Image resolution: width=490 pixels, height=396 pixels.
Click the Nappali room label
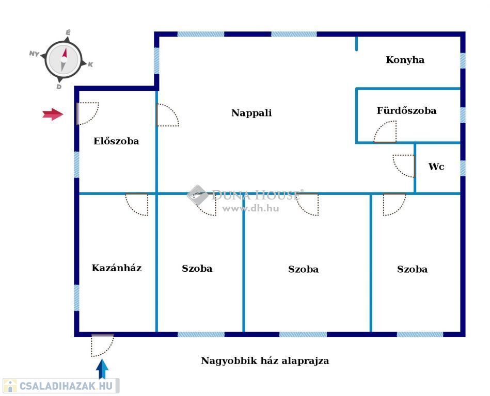pyautogui.click(x=251, y=113)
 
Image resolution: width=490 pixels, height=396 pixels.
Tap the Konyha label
pyautogui.click(x=405, y=60)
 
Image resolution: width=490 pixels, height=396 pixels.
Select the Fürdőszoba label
pyautogui.click(x=406, y=110)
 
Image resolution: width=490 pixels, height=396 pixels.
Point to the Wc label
pyautogui.click(x=436, y=167)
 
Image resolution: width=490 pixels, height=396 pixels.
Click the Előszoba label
pyautogui.click(x=116, y=141)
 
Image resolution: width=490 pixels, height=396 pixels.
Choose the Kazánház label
pyautogui.click(x=117, y=268)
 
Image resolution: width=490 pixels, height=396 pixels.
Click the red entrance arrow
pyautogui.click(x=53, y=114)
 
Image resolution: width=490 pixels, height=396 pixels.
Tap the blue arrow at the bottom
pyautogui.click(x=102, y=369)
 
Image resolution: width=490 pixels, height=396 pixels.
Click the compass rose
pyautogui.click(x=64, y=59)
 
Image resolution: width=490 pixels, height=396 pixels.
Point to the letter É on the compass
pyautogui.click(x=68, y=32)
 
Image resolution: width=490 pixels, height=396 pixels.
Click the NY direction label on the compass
pyautogui.click(x=34, y=54)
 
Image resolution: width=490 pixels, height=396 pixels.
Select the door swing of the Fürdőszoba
pyautogui.click(x=385, y=132)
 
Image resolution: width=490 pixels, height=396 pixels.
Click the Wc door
pyautogui.click(x=404, y=166)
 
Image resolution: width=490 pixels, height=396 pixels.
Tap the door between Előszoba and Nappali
pyautogui.click(x=168, y=115)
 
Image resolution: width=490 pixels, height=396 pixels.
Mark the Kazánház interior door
pyautogui.click(x=137, y=204)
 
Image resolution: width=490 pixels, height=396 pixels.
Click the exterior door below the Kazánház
pyautogui.click(x=102, y=345)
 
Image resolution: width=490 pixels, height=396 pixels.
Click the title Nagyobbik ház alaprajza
pyautogui.click(x=265, y=361)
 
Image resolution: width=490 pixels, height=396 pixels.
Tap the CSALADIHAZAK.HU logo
pyautogui.click(x=61, y=386)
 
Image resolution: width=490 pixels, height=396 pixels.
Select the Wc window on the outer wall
pyautogui.click(x=463, y=168)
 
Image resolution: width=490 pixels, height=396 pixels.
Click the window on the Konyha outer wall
pyautogui.click(x=463, y=60)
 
